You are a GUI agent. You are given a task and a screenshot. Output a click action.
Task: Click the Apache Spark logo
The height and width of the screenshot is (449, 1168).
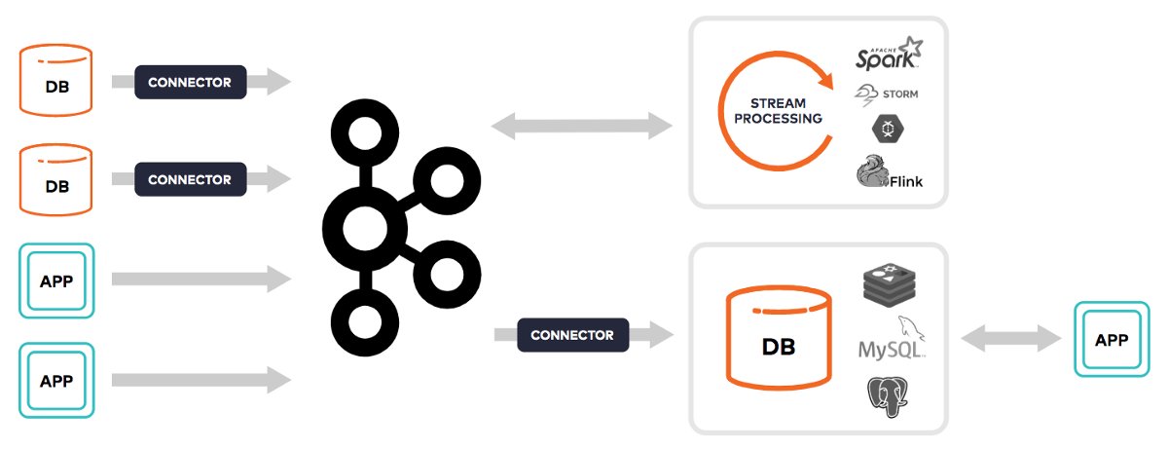pos(887,55)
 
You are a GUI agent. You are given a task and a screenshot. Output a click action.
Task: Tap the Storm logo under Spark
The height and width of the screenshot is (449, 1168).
pos(886,94)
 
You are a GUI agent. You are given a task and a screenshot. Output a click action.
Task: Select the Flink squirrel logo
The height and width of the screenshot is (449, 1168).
pos(889,173)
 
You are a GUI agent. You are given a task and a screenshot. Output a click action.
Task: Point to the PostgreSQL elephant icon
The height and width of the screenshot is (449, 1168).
pos(888,396)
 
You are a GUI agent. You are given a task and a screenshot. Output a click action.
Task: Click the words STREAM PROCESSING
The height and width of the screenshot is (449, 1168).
pos(778,110)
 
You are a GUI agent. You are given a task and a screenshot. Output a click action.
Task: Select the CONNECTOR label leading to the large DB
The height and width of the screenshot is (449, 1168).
pos(572,335)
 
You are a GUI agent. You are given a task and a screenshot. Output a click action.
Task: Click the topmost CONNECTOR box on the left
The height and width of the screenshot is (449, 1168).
pos(190,83)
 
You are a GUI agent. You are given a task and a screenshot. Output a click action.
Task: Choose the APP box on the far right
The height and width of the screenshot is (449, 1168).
pos(1112,340)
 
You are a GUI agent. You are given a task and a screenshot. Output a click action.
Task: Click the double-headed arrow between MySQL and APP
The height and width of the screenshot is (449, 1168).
pos(1009,339)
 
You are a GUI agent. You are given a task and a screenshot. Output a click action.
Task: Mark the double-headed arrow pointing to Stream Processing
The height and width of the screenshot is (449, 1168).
pos(582,125)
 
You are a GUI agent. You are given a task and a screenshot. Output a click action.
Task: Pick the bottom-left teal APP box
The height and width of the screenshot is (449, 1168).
pos(56,379)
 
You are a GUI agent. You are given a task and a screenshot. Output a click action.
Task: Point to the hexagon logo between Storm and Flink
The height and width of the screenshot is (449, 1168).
pos(886,131)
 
